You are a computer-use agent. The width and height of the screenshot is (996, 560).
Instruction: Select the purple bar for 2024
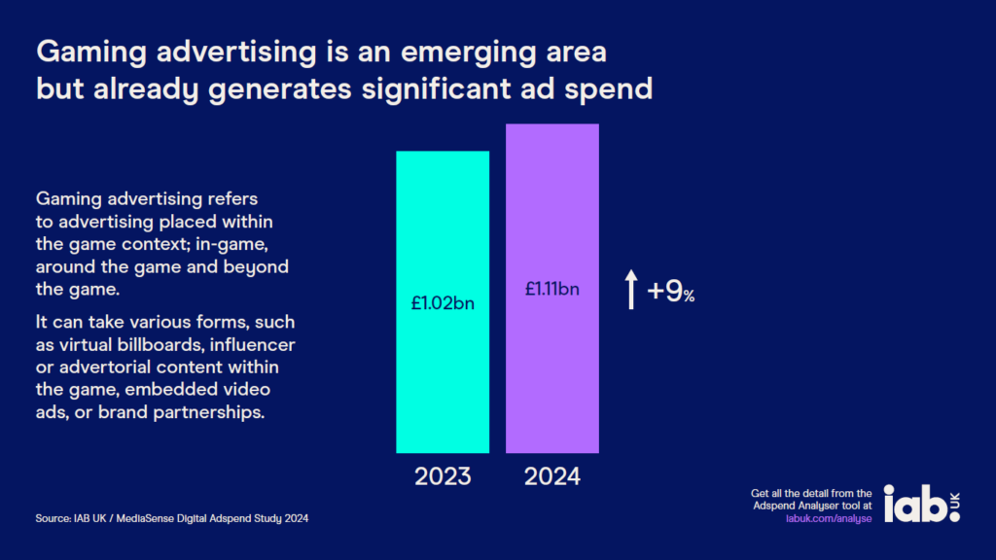point(551,389)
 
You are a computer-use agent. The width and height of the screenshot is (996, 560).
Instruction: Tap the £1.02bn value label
point(443,301)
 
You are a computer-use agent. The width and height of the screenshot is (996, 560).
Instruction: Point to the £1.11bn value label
point(551,288)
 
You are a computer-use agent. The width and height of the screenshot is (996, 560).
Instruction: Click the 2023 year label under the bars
point(443,476)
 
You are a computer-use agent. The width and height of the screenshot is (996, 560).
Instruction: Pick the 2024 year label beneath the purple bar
point(551,476)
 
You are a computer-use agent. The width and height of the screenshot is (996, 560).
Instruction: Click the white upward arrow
point(630,290)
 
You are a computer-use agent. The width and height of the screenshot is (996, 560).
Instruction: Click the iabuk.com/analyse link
point(828,519)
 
